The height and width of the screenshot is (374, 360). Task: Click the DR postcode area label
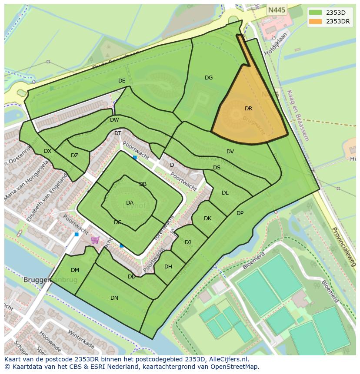pyautogui.click(x=248, y=109)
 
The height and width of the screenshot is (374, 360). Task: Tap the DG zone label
pyautogui.click(x=209, y=78)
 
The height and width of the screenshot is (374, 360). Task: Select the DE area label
pyautogui.click(x=122, y=81)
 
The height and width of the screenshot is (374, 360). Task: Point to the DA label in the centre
pyautogui.click(x=130, y=203)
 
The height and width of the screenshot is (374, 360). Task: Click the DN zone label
pyautogui.click(x=114, y=298)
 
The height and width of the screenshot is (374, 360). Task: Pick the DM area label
pyautogui.click(x=75, y=270)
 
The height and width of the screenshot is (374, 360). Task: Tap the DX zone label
pyautogui.click(x=47, y=151)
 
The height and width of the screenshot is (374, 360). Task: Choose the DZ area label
pyautogui.click(x=74, y=156)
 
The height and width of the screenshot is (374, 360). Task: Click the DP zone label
pyautogui.click(x=240, y=213)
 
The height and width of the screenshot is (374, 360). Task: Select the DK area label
pyautogui.click(x=207, y=218)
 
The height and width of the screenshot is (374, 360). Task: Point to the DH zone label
pyautogui.click(x=168, y=267)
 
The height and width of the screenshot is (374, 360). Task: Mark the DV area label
pyautogui.click(x=230, y=152)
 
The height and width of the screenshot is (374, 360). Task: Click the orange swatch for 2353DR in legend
pyautogui.click(x=316, y=21)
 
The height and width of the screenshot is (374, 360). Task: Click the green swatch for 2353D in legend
pyautogui.click(x=316, y=13)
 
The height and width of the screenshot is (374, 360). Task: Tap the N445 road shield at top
pyautogui.click(x=277, y=10)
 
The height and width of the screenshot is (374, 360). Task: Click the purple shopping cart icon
pyautogui.click(x=95, y=240)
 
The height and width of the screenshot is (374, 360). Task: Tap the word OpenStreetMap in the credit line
pyautogui.click(x=237, y=367)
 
